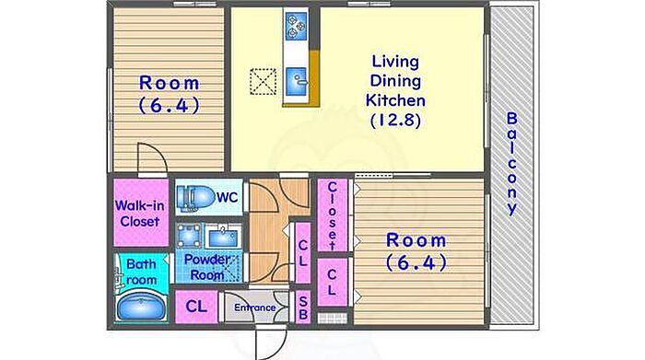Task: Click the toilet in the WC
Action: click(x=195, y=197)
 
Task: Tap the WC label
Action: click(x=228, y=198)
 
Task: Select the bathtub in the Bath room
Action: click(x=141, y=306)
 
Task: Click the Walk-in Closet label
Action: click(x=140, y=214)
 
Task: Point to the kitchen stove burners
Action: click(x=297, y=26)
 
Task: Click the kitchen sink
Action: click(x=297, y=81)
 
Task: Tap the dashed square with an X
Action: click(x=264, y=81)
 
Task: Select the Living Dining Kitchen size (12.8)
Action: click(x=395, y=121)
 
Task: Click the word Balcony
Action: click(x=511, y=163)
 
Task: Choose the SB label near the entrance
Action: click(x=303, y=308)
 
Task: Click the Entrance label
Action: click(x=255, y=308)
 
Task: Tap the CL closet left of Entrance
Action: click(x=196, y=307)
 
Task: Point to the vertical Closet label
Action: click(x=332, y=215)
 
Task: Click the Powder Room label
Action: click(x=207, y=267)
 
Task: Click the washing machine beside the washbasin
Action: click(x=189, y=236)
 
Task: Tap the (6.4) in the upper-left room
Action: click(x=169, y=105)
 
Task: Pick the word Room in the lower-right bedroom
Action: click(x=416, y=241)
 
